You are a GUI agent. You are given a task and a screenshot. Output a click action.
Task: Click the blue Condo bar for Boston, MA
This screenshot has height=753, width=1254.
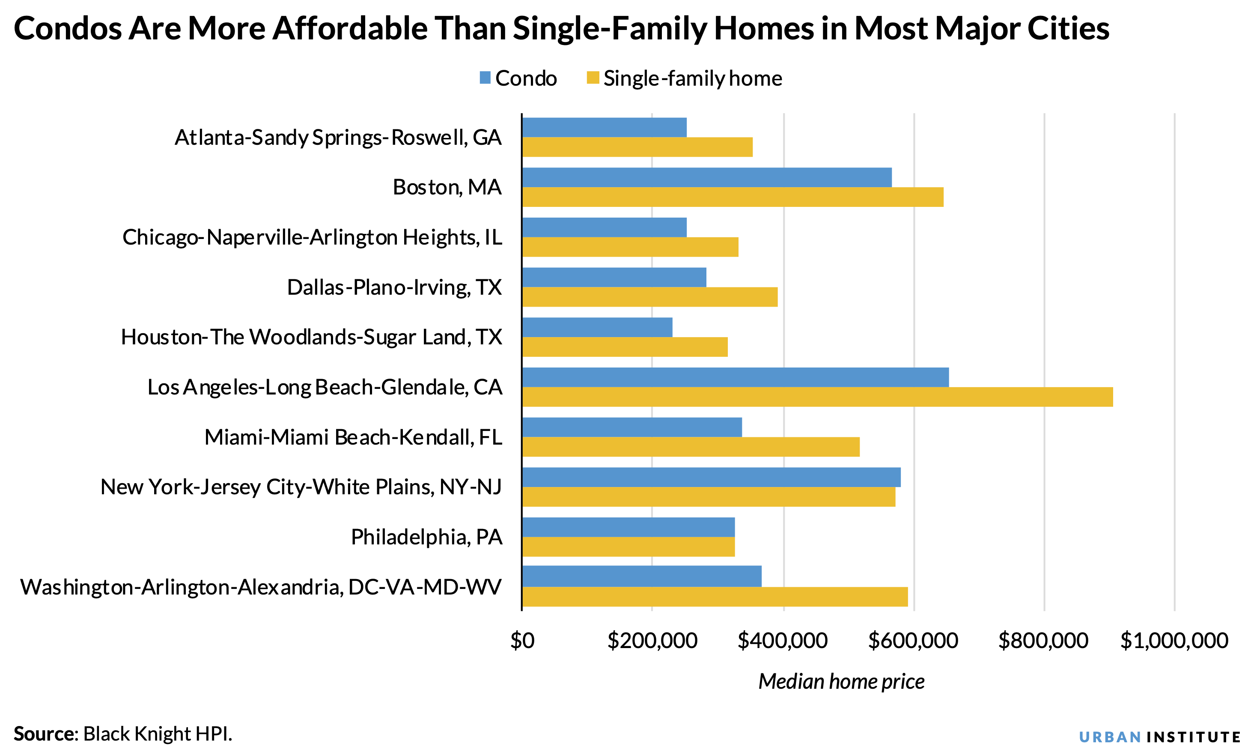click(x=706, y=178)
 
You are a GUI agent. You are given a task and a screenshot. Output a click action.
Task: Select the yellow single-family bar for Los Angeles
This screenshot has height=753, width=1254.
click(x=817, y=397)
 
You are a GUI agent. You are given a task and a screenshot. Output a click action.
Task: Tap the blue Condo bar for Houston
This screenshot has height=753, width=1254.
click(x=597, y=327)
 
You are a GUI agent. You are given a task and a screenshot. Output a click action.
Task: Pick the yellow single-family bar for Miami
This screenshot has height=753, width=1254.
click(x=691, y=446)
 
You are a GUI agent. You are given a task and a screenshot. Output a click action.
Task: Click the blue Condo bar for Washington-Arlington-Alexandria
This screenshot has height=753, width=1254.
click(x=641, y=577)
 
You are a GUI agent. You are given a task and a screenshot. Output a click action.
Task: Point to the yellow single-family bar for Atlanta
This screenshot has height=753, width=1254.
click(x=637, y=147)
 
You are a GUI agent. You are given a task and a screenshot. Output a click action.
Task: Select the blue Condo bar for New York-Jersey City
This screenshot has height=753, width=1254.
click(x=711, y=477)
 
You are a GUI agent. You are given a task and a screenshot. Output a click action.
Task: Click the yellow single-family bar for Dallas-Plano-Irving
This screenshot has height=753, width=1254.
click(x=649, y=297)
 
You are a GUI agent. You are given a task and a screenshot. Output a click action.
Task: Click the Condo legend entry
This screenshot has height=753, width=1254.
click(x=518, y=78)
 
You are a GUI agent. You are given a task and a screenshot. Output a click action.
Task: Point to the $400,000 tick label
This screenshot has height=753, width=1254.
click(x=783, y=641)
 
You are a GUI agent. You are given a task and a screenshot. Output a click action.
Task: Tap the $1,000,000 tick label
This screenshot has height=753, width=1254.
click(x=1174, y=641)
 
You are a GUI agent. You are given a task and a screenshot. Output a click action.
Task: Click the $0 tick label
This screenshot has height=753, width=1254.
click(x=522, y=641)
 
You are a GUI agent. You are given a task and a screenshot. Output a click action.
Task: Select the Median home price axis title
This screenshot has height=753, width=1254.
click(x=841, y=681)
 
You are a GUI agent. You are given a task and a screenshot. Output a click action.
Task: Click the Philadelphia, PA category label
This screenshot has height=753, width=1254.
click(x=426, y=537)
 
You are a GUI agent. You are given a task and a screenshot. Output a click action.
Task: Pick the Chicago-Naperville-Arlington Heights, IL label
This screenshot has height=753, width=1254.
click(x=313, y=237)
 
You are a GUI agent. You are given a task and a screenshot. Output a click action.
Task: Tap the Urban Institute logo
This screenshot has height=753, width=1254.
click(x=1159, y=737)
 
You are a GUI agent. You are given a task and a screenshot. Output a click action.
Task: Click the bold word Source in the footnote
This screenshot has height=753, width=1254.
click(x=44, y=734)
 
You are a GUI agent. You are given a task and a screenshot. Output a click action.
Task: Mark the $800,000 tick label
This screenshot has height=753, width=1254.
click(x=1043, y=641)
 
